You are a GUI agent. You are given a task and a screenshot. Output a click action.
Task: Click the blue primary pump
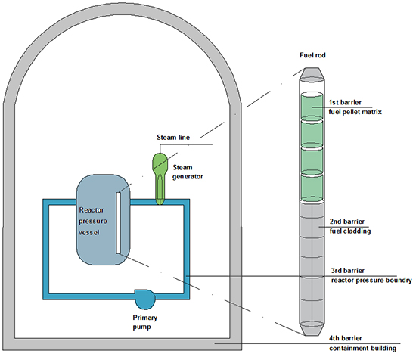pos(145,299)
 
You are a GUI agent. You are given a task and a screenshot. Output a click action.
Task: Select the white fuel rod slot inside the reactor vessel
pos(118,223)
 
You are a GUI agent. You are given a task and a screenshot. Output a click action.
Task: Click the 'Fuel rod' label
pos(312,55)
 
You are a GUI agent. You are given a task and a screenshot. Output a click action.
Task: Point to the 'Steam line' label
pos(173,138)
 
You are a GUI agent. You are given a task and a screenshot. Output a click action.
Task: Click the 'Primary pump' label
pos(145,322)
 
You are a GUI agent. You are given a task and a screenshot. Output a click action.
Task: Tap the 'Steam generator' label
pos(188,172)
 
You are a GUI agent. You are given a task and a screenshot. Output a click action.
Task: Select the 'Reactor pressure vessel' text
pos(93,221)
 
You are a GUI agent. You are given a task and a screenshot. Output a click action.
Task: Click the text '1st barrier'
pos(345,102)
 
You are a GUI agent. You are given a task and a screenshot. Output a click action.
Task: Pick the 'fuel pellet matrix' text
pos(355,112)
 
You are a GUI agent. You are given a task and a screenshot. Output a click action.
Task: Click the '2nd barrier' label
pos(346,222)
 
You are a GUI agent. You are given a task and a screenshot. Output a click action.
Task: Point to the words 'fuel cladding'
pos(350,231)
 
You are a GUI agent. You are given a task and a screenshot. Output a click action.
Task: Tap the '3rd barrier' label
pos(348,271)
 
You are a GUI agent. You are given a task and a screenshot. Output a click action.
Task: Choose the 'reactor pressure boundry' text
pos(371,281)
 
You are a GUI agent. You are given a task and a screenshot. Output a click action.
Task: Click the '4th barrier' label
pos(346,338)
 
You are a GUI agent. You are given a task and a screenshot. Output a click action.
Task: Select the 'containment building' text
pos(362,348)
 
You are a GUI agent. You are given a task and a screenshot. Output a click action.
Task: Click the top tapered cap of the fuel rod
pos(312,74)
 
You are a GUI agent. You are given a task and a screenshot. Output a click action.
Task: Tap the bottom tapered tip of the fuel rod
pos(312,329)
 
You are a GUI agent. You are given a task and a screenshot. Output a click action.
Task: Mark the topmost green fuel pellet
pos(312,106)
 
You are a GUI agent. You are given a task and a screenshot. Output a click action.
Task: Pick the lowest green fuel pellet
pos(312,188)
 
